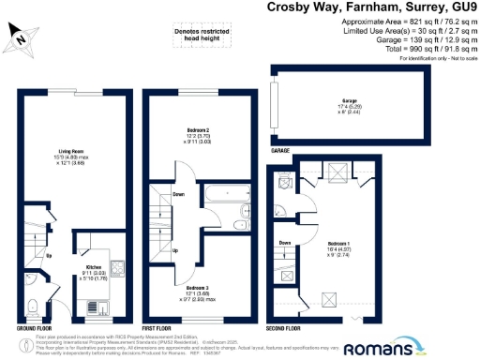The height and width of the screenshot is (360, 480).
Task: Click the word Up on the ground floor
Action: (x=49, y=255)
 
